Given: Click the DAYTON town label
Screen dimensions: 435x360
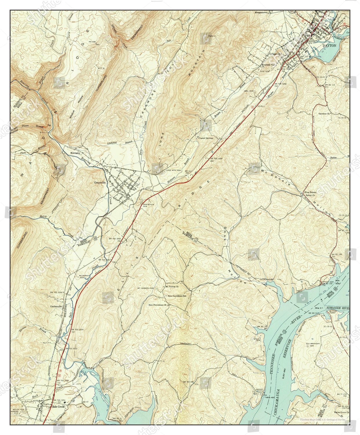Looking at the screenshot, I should (x=330, y=46).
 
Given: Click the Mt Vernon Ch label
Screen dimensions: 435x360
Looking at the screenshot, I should (x=171, y=287).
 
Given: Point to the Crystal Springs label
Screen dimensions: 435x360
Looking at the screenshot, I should (x=206, y=138).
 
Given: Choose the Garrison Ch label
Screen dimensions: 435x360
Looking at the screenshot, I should (x=324, y=114).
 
